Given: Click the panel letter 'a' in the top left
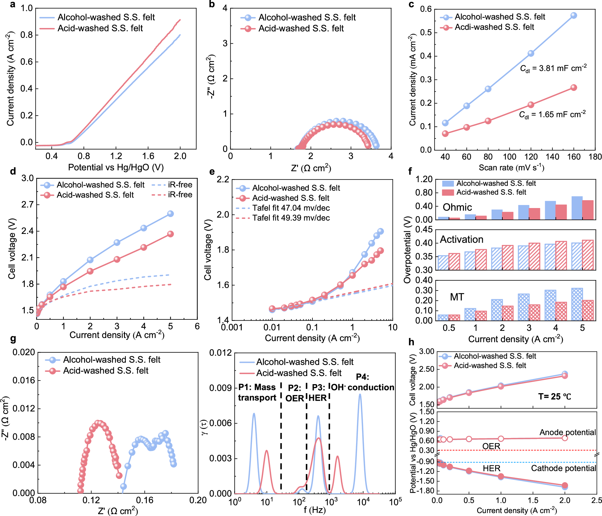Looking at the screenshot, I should (12, 4).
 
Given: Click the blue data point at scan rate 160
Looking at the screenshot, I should (573, 15).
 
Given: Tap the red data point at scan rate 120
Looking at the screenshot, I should (531, 105).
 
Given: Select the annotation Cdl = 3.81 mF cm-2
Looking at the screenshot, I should (553, 69).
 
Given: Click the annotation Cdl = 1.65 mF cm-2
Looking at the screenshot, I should (552, 115).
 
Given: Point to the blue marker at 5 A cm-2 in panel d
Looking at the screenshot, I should (170, 213).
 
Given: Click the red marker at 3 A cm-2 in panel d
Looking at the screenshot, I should (117, 259).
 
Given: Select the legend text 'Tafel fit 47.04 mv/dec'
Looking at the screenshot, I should (291, 208).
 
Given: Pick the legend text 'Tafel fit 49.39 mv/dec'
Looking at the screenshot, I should (291, 218).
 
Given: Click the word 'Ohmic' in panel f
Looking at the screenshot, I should (457, 207).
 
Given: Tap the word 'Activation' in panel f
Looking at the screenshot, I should (461, 239).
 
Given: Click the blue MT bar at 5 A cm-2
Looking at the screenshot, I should (577, 304).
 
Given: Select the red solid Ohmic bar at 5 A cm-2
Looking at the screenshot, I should (588, 210).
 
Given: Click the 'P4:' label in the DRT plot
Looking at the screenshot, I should (362, 377).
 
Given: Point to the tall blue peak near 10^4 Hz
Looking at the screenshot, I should (360, 395).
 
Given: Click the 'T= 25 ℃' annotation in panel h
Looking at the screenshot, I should (554, 396).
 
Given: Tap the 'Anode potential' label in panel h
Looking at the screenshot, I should (567, 432).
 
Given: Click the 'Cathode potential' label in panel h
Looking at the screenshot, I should (563, 468).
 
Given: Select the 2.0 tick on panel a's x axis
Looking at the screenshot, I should (180, 156).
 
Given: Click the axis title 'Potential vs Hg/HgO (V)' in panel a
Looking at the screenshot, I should (116, 167).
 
